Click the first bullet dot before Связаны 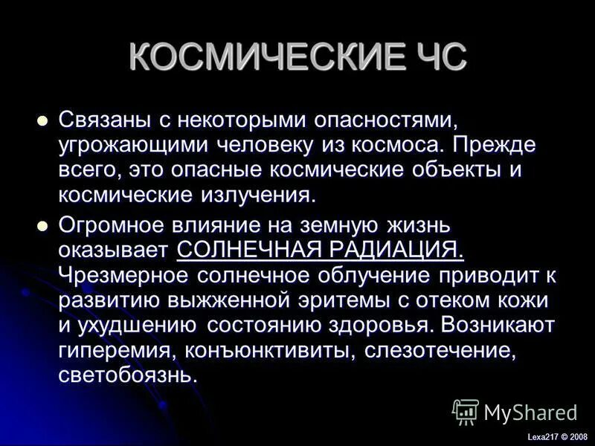pos(42,119)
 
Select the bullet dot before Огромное pos(42,224)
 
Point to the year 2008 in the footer pos(577,437)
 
